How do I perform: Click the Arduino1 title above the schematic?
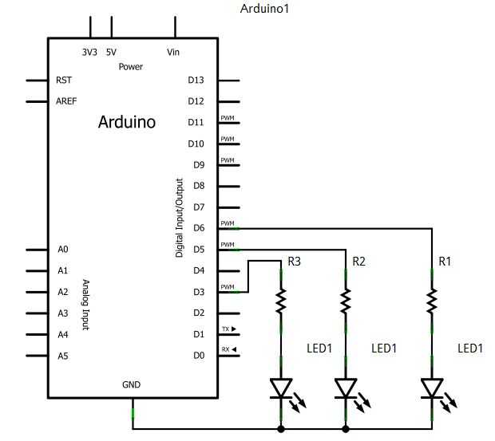[x=264, y=9]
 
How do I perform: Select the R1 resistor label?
[x=445, y=262]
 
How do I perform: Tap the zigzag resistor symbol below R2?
[x=346, y=301]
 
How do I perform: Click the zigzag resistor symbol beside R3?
[x=281, y=301]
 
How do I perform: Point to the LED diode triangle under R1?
[x=432, y=388]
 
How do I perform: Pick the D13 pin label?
[x=196, y=80]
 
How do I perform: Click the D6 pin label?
[x=199, y=228]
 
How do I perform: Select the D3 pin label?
[x=199, y=292]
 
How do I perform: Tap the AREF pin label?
[x=66, y=101]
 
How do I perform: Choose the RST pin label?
[x=64, y=80]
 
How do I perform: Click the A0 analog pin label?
[x=63, y=250]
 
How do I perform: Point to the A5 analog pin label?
[x=63, y=356]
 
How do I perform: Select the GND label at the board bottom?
[x=131, y=384]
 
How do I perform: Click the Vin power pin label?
[x=173, y=52]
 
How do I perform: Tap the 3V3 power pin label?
[x=89, y=52]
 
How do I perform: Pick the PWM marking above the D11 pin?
[x=228, y=118]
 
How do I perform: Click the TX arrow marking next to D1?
[x=229, y=329]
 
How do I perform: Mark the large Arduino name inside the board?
[x=127, y=122]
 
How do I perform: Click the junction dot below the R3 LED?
[x=281, y=429]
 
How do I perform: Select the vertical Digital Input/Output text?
[x=180, y=218]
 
